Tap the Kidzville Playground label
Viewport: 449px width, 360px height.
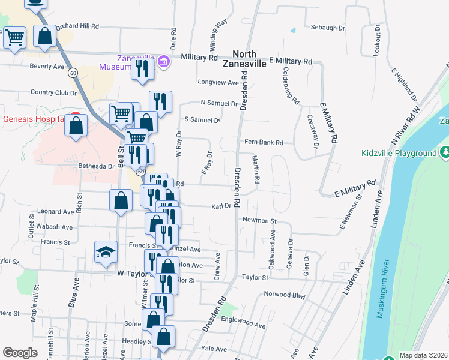[399, 153]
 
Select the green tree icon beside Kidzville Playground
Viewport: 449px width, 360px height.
[445, 152]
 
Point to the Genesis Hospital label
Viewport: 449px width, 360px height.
[33, 119]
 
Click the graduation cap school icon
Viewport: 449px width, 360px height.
[106, 253]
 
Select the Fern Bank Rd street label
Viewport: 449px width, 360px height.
[268, 143]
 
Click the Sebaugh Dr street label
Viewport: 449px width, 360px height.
[328, 28]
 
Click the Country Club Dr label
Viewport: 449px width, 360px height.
[53, 92]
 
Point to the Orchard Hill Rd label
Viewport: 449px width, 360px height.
[77, 27]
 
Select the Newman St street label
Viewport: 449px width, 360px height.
[259, 221]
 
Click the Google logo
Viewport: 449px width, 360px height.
[20, 353]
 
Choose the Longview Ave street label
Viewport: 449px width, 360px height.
[218, 82]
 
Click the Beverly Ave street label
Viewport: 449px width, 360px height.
[47, 66]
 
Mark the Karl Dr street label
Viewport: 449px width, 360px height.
[221, 206]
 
